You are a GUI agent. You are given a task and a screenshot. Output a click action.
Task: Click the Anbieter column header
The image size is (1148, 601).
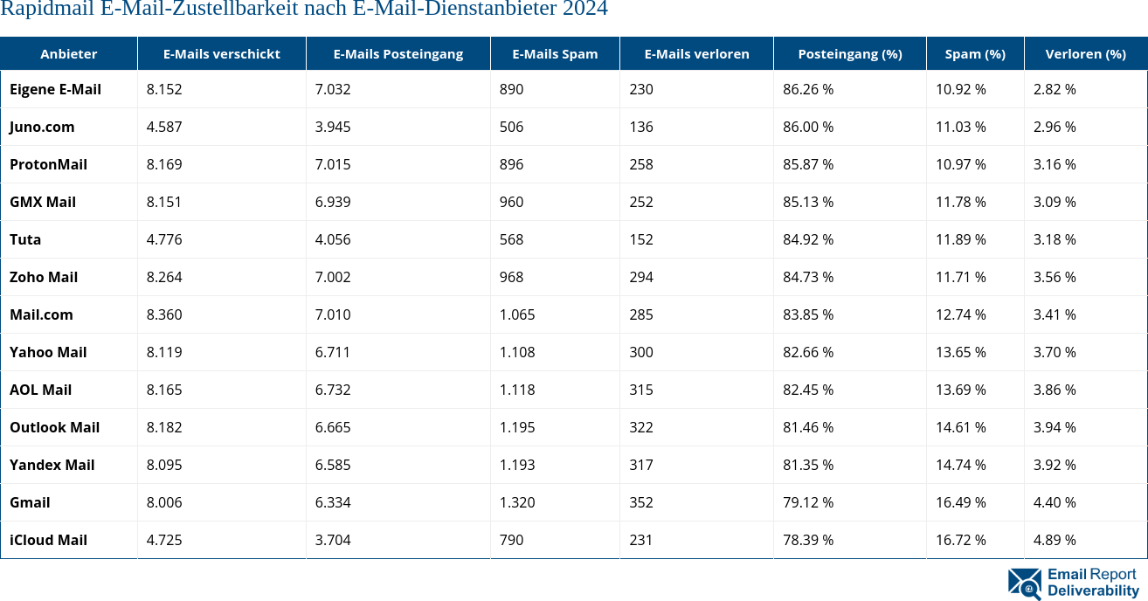pos(68,54)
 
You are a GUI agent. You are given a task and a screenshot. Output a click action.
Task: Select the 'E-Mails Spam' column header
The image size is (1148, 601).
pos(555,54)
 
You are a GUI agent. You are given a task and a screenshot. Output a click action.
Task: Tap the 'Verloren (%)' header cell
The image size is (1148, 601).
pos(1085,54)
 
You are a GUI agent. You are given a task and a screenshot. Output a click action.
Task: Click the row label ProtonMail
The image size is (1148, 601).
pos(48,164)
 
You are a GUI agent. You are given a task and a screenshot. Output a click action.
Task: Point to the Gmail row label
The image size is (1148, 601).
pos(30,502)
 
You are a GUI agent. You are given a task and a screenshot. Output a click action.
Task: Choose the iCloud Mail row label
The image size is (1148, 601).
pos(48,540)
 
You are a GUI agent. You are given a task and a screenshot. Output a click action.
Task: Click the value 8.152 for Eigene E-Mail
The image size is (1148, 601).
pos(164,89)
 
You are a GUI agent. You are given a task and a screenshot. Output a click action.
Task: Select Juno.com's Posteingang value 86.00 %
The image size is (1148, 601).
pos(807,127)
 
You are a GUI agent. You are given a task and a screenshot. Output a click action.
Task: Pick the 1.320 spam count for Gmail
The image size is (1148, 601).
pos(517,502)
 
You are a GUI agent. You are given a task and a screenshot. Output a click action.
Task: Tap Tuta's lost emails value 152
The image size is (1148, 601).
pos(640,239)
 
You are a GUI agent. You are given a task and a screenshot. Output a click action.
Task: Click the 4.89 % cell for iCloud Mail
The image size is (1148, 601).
pos(1054,540)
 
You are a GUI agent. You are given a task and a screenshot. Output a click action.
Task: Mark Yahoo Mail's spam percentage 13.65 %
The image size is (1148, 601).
pos(960,352)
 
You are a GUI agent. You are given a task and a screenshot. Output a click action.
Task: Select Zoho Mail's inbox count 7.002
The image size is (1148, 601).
pos(333,277)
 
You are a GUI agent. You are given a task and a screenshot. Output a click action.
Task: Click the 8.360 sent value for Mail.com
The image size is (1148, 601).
pos(164,314)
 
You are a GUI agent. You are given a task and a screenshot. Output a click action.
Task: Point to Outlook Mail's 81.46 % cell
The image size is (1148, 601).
pos(807,427)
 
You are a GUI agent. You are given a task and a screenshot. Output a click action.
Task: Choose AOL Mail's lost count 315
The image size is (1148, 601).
pos(640,390)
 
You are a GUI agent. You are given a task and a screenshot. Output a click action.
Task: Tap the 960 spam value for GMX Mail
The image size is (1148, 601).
pos(511,202)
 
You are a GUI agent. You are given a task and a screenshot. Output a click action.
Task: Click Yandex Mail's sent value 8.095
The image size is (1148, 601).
pos(164,465)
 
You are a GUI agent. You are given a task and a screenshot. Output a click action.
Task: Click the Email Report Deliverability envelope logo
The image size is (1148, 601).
pos(1025,584)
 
